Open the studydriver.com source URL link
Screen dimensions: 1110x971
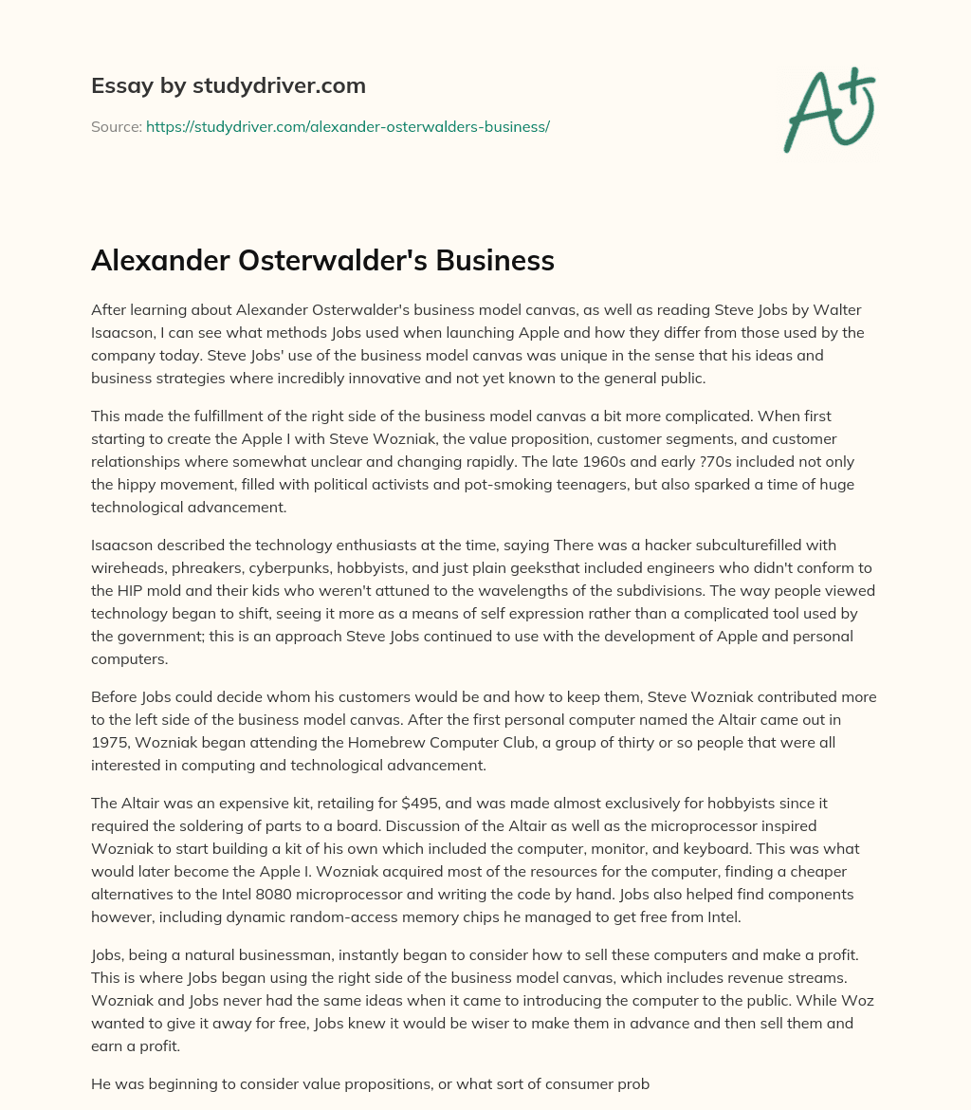(x=347, y=126)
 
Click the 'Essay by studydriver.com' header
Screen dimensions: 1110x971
(x=228, y=86)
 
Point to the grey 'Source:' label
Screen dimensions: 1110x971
(x=116, y=126)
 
